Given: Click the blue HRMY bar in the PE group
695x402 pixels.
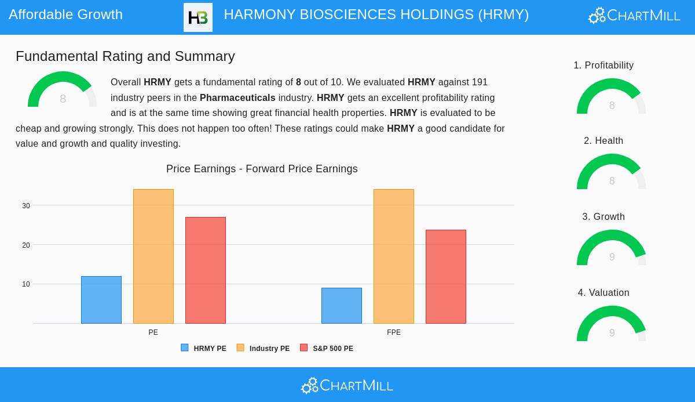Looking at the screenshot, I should click(101, 300).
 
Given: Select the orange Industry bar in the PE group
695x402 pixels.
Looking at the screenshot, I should click(153, 256).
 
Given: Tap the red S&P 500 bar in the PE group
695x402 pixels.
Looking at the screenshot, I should click(206, 270).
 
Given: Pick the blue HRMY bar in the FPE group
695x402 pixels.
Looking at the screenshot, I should click(342, 306).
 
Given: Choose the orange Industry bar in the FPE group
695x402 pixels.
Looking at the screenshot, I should click(394, 256).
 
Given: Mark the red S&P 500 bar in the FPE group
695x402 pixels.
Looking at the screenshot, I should click(446, 277).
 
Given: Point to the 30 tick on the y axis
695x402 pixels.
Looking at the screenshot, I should click(26, 206).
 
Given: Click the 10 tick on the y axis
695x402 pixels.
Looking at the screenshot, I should click(26, 284).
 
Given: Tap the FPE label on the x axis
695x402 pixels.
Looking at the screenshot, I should click(394, 332).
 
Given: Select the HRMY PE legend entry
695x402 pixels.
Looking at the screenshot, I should click(204, 349).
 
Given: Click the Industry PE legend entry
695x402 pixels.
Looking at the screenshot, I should click(264, 349).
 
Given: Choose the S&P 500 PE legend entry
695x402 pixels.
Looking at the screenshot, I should click(327, 349).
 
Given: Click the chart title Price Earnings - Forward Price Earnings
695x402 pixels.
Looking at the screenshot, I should click(262, 169).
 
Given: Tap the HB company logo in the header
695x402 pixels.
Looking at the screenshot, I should click(198, 17).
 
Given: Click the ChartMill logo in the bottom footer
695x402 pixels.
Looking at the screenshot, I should click(347, 385).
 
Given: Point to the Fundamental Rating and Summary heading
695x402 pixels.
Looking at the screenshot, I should click(125, 56).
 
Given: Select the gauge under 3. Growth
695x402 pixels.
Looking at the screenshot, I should click(612, 248).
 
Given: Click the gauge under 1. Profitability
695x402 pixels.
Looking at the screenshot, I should click(612, 97).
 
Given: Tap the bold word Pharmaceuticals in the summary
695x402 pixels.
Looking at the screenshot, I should click(237, 98).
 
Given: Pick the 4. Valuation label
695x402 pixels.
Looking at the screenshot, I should click(603, 293).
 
